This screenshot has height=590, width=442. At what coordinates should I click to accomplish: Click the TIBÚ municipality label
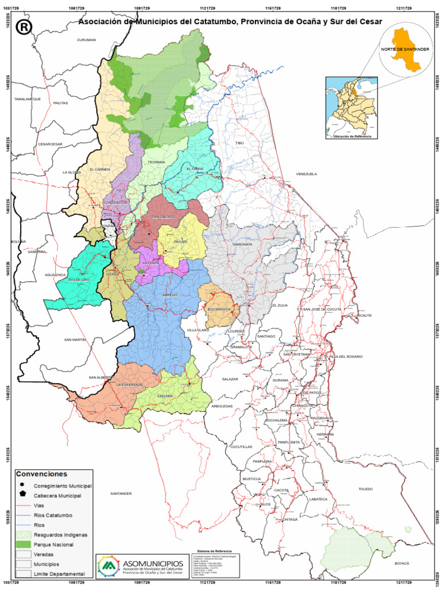tap(239, 142)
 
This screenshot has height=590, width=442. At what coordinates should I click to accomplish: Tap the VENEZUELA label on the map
tap(306, 174)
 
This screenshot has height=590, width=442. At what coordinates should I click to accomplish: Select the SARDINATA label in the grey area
tap(242, 244)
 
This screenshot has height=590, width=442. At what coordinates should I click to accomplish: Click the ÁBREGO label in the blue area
tap(170, 295)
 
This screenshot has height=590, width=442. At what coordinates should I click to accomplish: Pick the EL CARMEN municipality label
tap(99, 169)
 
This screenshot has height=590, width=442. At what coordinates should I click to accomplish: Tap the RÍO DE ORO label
tap(79, 279)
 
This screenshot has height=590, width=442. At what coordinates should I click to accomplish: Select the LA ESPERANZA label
tap(129, 384)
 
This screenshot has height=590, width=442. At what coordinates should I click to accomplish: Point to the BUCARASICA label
tap(219, 309)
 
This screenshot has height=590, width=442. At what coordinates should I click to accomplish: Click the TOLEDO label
tap(365, 489)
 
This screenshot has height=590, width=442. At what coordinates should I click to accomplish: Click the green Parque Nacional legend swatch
tap(24, 543)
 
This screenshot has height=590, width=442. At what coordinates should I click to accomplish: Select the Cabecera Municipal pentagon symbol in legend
tap(22, 494)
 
